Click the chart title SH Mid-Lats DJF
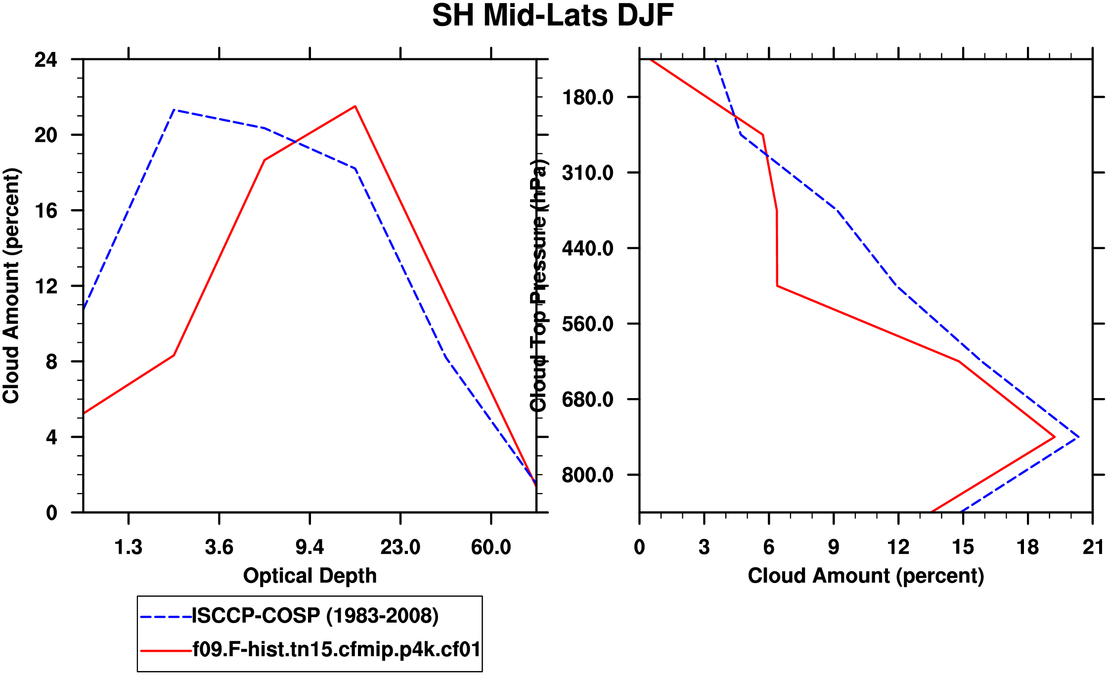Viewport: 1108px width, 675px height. click(x=553, y=16)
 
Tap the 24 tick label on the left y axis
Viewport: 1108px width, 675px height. click(x=45, y=60)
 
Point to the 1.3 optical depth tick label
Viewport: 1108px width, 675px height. click(x=129, y=547)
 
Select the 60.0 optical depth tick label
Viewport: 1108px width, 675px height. click(x=490, y=547)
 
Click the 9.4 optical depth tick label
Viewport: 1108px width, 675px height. click(x=310, y=547)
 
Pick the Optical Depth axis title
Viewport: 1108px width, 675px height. click(x=310, y=576)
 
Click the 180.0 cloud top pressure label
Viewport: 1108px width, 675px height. click(x=587, y=97)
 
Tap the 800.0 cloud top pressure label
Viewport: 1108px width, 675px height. click(x=587, y=475)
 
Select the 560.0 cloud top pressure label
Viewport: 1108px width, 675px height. click(x=587, y=324)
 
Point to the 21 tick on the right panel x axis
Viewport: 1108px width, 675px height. click(x=1093, y=547)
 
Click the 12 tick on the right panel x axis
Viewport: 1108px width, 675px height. click(x=898, y=547)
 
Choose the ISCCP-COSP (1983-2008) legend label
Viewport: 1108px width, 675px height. click(x=315, y=616)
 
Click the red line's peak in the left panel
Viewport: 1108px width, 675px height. click(x=355, y=106)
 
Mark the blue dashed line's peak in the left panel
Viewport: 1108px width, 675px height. click(x=174, y=110)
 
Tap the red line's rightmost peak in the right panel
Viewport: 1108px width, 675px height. click(x=1055, y=437)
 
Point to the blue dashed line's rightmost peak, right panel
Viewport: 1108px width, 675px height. click(x=1079, y=437)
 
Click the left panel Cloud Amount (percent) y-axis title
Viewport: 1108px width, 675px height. click(x=11, y=286)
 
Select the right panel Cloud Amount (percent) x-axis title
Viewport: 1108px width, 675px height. click(x=866, y=576)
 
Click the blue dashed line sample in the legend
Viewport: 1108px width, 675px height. click(x=166, y=617)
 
